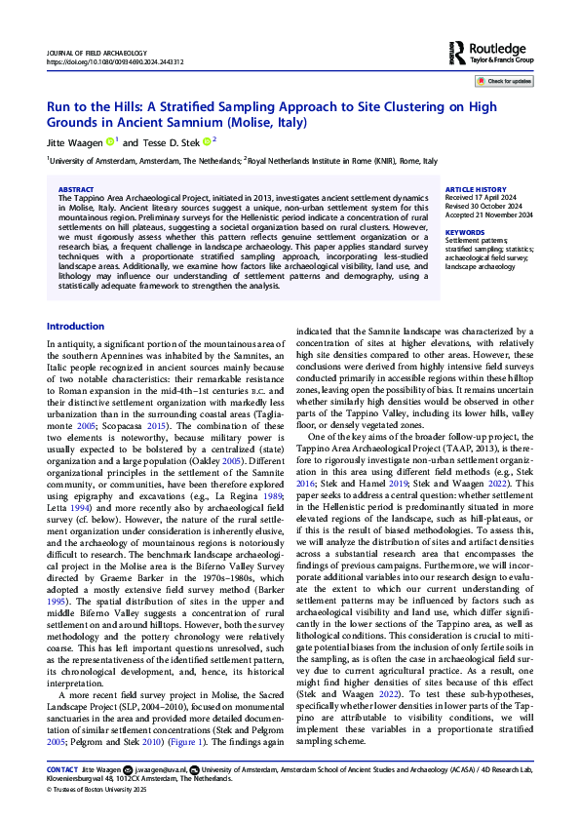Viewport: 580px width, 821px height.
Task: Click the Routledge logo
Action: [x=493, y=50]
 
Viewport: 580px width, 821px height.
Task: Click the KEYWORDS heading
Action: [x=464, y=232]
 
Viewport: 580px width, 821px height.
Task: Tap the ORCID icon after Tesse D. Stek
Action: [x=201, y=142]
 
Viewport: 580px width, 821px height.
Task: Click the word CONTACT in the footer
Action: [x=62, y=770]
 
